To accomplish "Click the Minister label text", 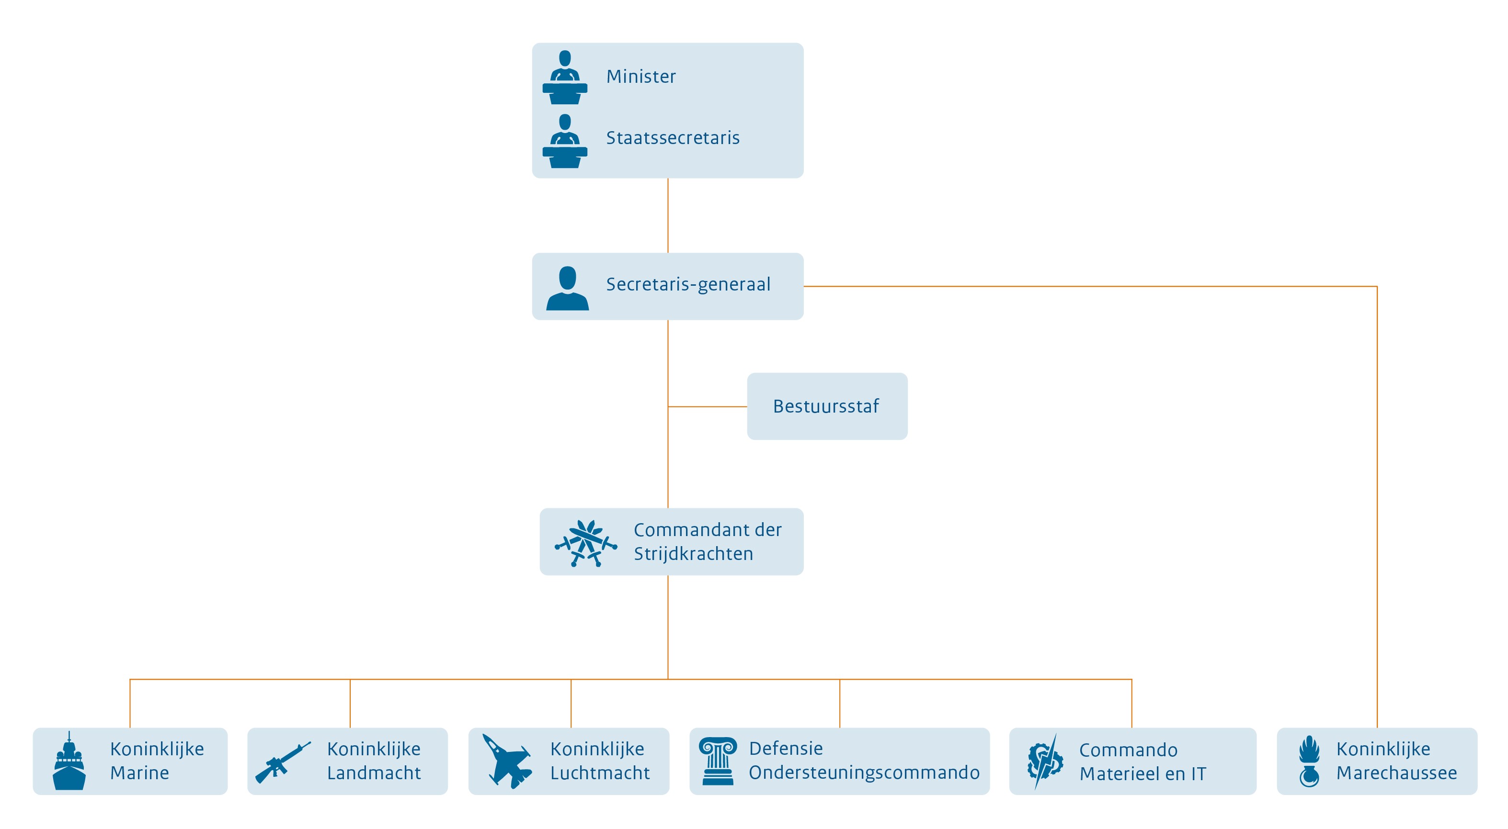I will (x=640, y=77).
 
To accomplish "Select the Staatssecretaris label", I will (x=672, y=138).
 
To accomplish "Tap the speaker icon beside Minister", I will (x=565, y=78).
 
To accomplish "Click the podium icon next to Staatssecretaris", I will (x=565, y=142).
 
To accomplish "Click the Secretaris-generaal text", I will (x=688, y=284).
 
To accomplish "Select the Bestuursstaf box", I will (x=827, y=406).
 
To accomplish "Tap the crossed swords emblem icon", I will (x=585, y=543).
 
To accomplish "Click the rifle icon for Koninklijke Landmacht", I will (x=282, y=762).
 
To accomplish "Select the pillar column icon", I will (x=718, y=761).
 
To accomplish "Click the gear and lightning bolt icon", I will (x=1045, y=761).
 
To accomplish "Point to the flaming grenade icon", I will (x=1309, y=761).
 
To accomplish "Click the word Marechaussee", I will (x=1396, y=773).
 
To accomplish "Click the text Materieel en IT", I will (x=1142, y=773).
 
